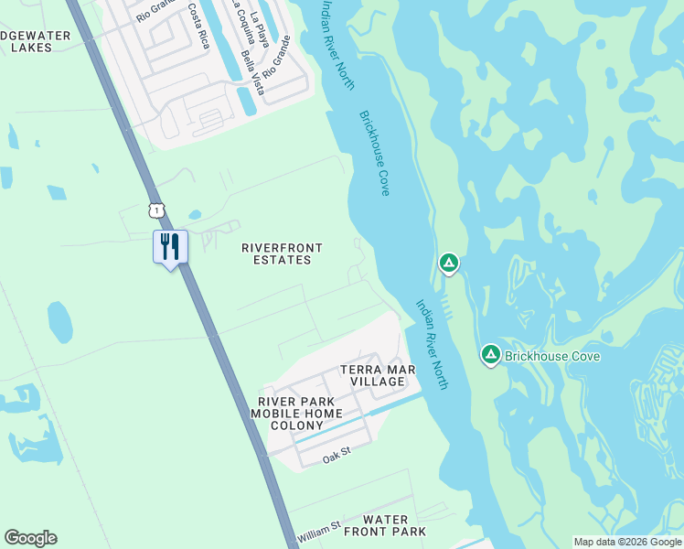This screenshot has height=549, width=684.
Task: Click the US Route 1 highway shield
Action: (x=158, y=210)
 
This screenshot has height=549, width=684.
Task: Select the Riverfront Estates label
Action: (x=276, y=253)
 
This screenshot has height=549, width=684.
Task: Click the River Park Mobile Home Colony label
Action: (x=294, y=414)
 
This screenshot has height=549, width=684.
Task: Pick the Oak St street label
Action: (x=337, y=455)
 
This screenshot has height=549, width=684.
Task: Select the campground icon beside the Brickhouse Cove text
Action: (x=491, y=354)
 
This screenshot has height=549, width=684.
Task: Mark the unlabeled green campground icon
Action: (x=448, y=264)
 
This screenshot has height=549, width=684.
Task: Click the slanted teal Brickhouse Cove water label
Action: (x=375, y=153)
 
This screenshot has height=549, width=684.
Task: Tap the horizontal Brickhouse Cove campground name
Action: (x=552, y=356)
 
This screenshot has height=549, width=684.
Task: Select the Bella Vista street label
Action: (x=251, y=68)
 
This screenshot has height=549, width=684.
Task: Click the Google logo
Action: (x=30, y=538)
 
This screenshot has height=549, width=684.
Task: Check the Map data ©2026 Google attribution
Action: (x=627, y=542)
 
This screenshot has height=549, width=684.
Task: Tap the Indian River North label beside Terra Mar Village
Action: (x=432, y=345)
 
